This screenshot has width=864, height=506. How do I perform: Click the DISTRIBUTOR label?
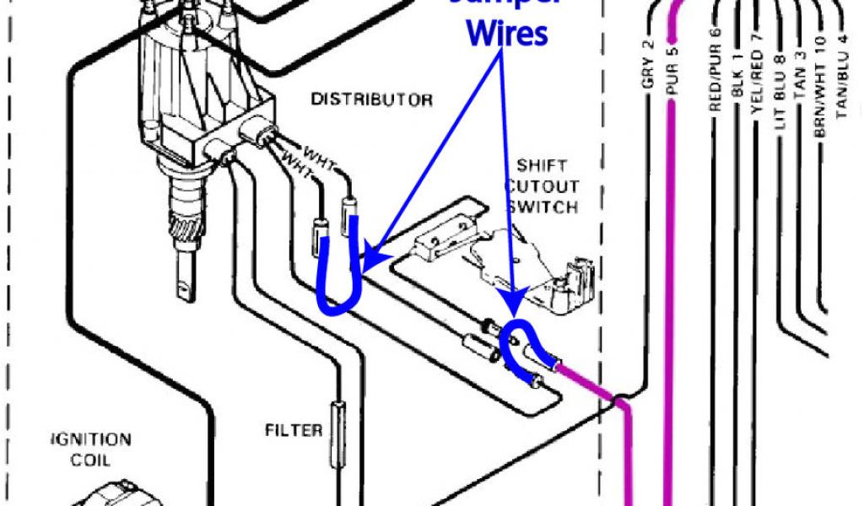pyautogui.click(x=372, y=100)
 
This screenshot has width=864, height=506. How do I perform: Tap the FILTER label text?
pyautogui.click(x=294, y=431)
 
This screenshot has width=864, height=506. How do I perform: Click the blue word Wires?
pyautogui.click(x=508, y=34)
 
